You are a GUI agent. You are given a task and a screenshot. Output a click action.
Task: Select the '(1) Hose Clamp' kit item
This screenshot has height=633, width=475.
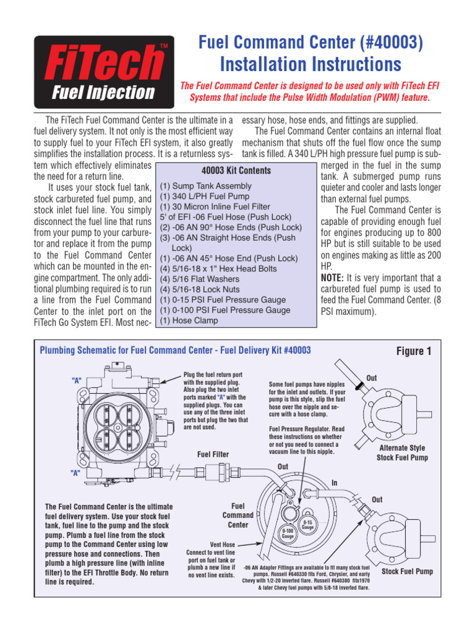coord(189,321)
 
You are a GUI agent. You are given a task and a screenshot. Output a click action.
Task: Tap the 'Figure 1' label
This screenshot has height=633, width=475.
coord(414,351)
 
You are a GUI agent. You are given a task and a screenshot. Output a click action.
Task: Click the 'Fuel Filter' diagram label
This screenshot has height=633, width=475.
coord(213,454)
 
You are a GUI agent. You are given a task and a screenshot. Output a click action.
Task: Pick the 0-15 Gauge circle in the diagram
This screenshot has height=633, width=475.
coord(307,524)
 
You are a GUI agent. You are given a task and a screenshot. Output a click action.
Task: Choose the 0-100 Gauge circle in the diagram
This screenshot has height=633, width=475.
coord(288,534)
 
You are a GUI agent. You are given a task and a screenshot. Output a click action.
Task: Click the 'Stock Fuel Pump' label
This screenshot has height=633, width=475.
coord(407,572)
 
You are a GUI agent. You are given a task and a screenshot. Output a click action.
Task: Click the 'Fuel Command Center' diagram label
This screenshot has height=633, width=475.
coord(238,515)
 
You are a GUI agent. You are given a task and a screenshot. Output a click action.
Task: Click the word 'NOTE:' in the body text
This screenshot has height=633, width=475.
coord(335,278)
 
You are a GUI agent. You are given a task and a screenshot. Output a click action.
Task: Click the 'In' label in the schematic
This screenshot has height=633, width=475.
coord(335,483)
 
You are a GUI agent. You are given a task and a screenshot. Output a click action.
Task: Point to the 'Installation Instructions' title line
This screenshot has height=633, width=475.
coord(311,64)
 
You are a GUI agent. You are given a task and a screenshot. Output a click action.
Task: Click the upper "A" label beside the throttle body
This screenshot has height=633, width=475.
coord(77,380)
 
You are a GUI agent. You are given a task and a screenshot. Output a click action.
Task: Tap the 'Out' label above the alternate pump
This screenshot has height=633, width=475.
coord(372,378)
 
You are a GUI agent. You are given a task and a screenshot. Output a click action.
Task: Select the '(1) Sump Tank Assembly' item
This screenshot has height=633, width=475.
coord(205,185)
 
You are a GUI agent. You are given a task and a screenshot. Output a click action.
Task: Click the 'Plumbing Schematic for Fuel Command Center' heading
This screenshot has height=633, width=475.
coord(175,350)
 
